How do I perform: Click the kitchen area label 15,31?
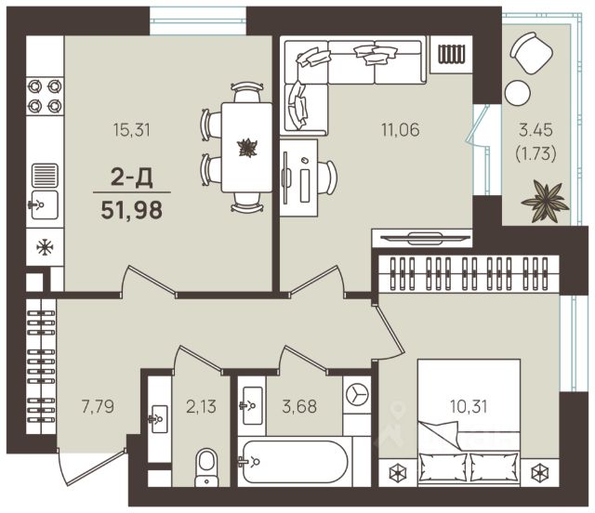(x=132, y=130)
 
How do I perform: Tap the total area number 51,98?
(x=132, y=210)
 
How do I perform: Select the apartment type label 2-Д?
(x=132, y=178)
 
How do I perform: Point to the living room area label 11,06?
(x=401, y=130)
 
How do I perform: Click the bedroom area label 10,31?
(x=469, y=406)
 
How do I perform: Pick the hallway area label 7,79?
(x=98, y=406)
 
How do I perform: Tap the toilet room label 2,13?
(x=201, y=406)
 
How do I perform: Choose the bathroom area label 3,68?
(x=299, y=406)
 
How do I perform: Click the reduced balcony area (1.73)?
(x=535, y=153)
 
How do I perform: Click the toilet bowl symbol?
(x=206, y=467)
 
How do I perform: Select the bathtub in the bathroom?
(x=296, y=461)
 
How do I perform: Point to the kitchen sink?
(x=45, y=205)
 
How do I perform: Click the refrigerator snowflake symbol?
(x=45, y=247)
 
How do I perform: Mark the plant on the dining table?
(x=247, y=147)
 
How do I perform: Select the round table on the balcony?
(x=518, y=93)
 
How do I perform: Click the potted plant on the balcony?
(x=546, y=201)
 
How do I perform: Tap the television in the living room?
(x=425, y=238)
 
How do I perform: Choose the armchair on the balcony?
(x=531, y=53)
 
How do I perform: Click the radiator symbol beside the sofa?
(x=451, y=54)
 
